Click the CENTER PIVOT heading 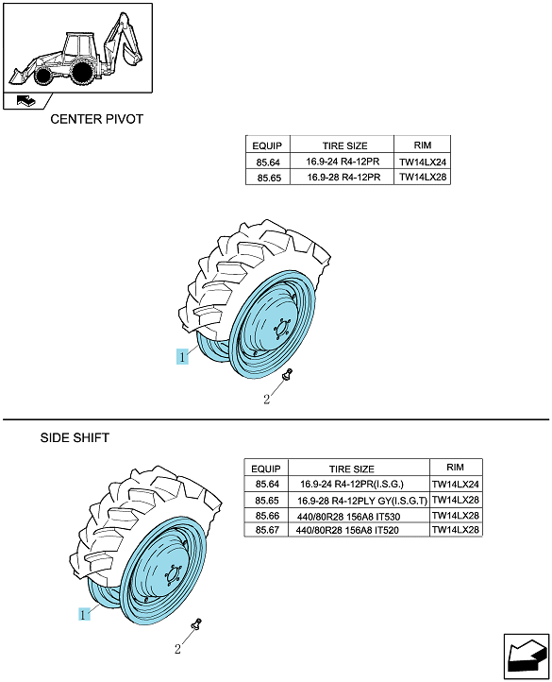(x=96, y=119)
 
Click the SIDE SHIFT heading (x=75, y=437)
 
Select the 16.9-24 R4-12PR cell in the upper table (x=343, y=162)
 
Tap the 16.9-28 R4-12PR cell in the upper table (x=343, y=178)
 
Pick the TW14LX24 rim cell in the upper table (x=423, y=162)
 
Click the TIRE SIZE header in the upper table (x=344, y=145)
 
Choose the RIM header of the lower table (x=455, y=468)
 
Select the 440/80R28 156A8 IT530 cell (x=348, y=517)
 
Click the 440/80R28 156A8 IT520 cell (x=347, y=530)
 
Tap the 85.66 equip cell (x=267, y=516)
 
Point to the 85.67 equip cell (x=267, y=530)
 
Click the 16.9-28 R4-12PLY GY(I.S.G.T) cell (x=362, y=501)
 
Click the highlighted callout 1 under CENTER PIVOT (x=182, y=357)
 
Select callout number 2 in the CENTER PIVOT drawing (x=266, y=399)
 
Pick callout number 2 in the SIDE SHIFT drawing (x=177, y=649)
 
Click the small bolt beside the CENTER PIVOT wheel (x=287, y=374)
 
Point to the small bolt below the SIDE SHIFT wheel (x=197, y=623)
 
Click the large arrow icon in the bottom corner (x=527, y=656)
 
